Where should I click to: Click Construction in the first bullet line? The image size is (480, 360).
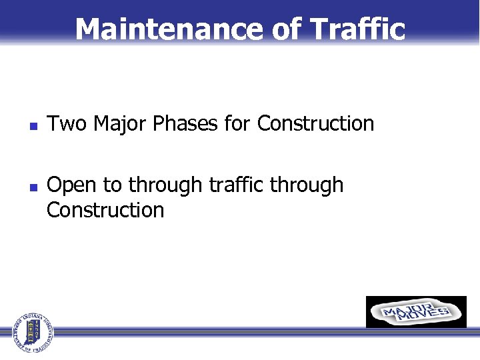pyautogui.click(x=315, y=123)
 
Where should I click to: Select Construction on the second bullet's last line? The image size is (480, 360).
pyautogui.click(x=105, y=210)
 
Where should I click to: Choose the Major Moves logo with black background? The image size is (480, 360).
pyautogui.click(x=416, y=312)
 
